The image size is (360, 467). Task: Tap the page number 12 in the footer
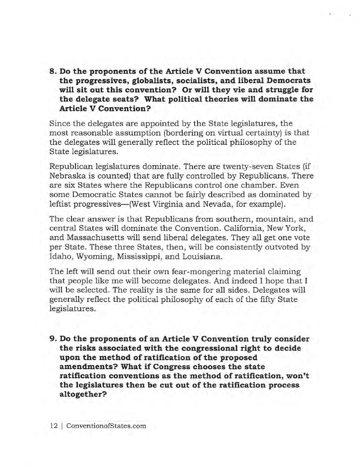click(54, 426)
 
